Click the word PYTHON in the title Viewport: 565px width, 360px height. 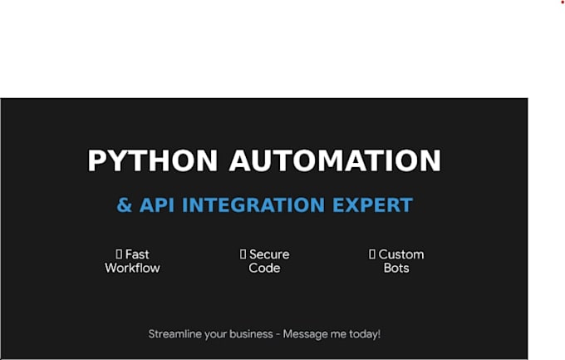[153, 160]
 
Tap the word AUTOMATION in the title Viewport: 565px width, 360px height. [335, 160]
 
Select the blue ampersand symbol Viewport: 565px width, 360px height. [125, 205]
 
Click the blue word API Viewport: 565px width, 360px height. [157, 205]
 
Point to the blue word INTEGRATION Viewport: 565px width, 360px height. [253, 205]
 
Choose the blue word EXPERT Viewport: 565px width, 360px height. [372, 205]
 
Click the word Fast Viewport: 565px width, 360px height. [137, 254]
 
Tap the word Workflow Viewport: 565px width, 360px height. [132, 268]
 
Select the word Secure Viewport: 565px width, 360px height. [269, 254]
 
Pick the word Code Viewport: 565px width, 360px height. [264, 268]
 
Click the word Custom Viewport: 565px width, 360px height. [401, 254]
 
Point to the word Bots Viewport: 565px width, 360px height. [396, 268]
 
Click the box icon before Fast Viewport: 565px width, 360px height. [119, 254]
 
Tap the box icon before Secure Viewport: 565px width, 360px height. [243, 254]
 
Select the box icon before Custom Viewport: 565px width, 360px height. [372, 254]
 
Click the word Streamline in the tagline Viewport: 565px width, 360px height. [175, 334]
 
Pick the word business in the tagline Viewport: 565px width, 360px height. [251, 334]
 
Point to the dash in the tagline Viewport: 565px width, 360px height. [278, 334]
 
